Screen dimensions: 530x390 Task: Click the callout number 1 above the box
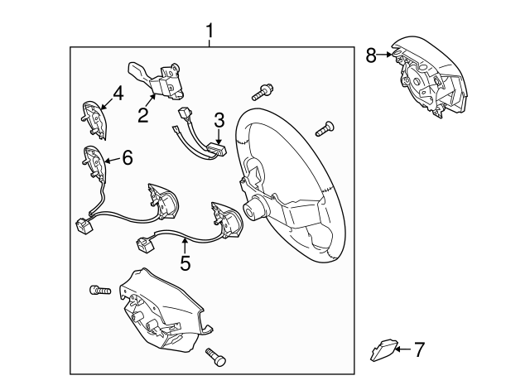[210, 31]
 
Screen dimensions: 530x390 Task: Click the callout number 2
[143, 115]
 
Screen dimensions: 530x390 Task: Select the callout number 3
[219, 120]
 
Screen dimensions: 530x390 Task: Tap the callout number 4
[118, 94]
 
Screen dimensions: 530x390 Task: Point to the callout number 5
[185, 263]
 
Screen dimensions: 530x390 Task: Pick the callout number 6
[128, 157]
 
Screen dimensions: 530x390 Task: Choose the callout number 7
[419, 349]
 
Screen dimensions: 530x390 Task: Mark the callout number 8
[371, 55]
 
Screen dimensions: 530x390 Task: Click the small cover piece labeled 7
[383, 349]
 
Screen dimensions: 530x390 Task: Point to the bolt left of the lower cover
[100, 290]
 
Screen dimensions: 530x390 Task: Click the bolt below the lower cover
[215, 357]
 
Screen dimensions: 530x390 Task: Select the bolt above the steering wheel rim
[263, 92]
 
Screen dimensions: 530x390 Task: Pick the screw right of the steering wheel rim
[325, 129]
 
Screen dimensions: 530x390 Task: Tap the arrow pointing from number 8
[384, 55]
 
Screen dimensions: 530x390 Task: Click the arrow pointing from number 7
[403, 349]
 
